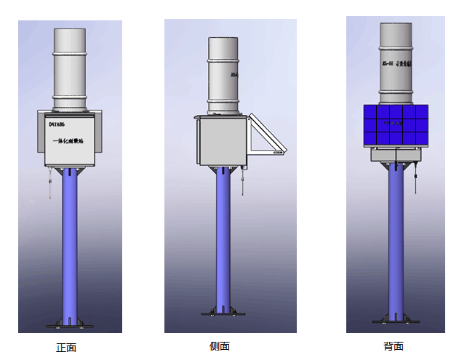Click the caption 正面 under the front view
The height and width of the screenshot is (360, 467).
[66, 348]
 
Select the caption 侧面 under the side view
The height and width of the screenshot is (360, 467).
[220, 346]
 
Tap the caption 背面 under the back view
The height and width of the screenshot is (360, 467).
[394, 346]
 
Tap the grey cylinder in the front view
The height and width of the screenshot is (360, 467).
[70, 69]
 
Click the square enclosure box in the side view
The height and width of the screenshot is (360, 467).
[221, 141]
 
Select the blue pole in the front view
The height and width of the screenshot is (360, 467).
[71, 240]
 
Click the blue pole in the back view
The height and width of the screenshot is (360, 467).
[396, 240]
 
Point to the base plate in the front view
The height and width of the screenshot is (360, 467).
[71, 322]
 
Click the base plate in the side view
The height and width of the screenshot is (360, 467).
[223, 311]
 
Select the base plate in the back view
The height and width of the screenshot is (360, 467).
[396, 320]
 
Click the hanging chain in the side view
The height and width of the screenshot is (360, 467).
[243, 182]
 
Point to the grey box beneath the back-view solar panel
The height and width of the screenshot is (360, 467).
[396, 155]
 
